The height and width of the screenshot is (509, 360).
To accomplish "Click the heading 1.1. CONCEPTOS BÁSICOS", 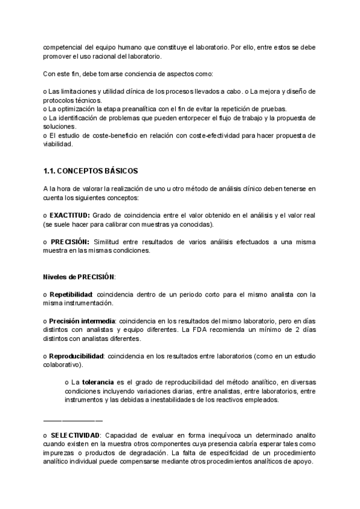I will click(x=91, y=171).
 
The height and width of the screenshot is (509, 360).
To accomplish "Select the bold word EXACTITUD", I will click(x=70, y=215).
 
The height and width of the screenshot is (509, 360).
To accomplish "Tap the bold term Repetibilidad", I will click(x=71, y=294).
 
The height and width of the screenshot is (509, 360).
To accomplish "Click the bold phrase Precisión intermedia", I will click(x=82, y=321).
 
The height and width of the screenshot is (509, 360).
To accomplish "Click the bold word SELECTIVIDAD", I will click(x=75, y=434).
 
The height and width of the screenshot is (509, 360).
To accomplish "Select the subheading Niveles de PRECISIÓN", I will click(x=80, y=277).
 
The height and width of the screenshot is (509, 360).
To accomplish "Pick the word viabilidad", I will click(x=58, y=145).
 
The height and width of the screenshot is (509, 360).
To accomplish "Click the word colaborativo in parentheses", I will click(x=63, y=364).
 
